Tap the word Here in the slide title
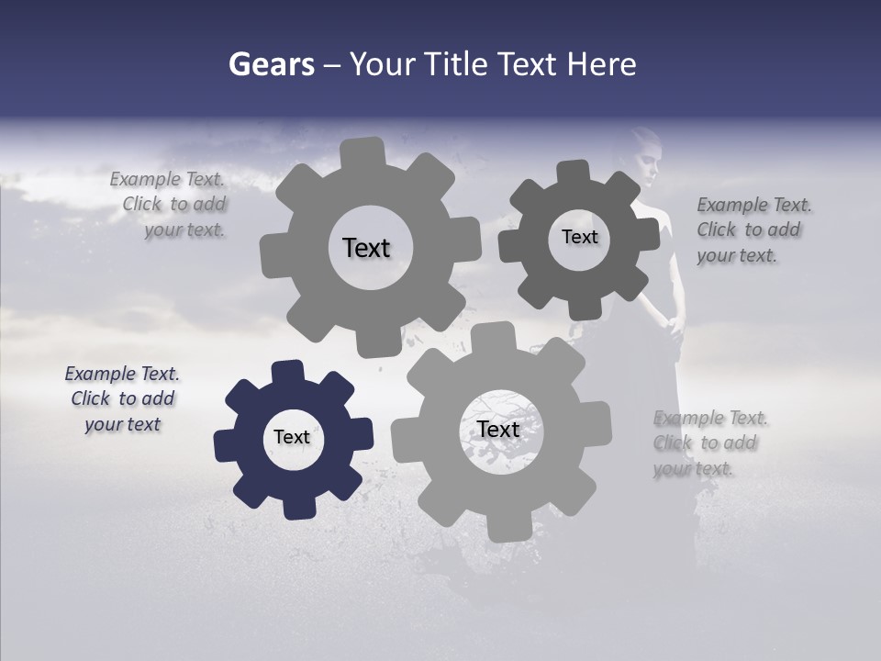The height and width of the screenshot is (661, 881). coord(602,64)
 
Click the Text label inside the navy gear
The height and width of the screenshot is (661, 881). coord(292,437)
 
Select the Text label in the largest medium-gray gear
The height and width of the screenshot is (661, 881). coord(366,248)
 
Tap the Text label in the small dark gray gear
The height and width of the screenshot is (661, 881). coord(579,237)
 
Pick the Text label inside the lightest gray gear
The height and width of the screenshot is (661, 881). coord(498,429)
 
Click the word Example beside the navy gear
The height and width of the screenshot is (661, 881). coord(100,374)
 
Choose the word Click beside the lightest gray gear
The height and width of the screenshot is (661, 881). coord(673,443)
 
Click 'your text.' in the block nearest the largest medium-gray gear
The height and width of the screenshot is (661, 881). coord(184,230)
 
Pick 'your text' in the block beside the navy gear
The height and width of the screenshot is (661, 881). coord(122,424)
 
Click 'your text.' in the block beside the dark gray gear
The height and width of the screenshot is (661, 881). coord(737,256)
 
